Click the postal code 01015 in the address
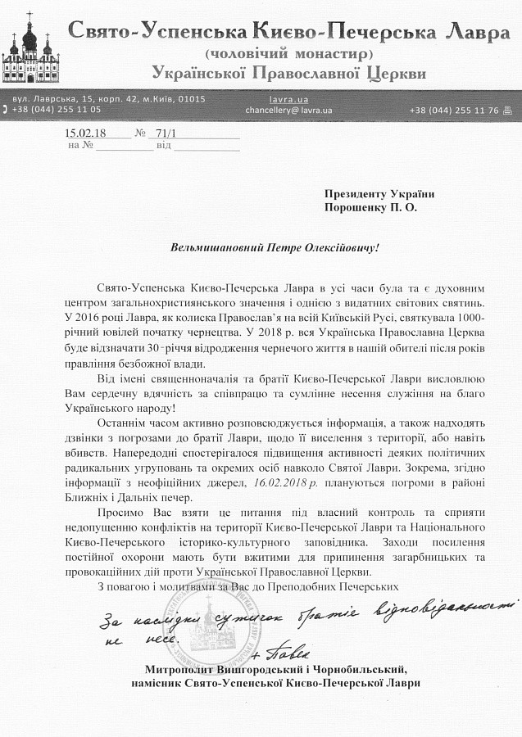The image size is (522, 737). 189,98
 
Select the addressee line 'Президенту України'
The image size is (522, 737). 379,194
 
